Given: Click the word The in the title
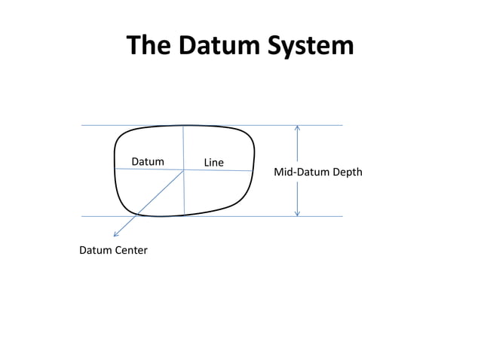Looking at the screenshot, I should click(149, 46).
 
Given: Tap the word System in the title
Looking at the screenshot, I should click(313, 46).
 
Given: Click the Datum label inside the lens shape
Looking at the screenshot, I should click(148, 161).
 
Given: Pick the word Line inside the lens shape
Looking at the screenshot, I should click(214, 162).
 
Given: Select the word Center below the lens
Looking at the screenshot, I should click(130, 250).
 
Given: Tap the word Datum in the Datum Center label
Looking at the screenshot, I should click(95, 250).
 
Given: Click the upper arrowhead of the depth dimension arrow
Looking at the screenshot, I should click(298, 127).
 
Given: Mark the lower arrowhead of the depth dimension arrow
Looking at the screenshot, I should click(298, 214).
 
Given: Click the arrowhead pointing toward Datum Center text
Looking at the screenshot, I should click(115, 235).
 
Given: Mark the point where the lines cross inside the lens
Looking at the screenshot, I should click(184, 170).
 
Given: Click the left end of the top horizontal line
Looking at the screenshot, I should click(81, 125).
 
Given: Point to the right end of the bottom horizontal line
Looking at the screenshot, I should click(342, 216).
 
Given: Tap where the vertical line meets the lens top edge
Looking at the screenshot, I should click(183, 125).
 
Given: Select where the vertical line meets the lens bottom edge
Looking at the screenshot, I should click(185, 216).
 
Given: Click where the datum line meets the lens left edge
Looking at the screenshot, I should click(115, 169).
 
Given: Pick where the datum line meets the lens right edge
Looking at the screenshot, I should click(253, 171).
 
